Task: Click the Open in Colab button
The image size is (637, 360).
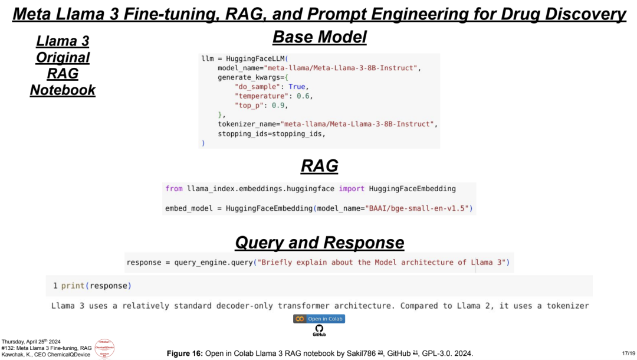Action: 319,319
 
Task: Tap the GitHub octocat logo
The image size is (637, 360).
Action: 319,328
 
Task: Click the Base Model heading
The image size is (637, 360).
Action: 319,37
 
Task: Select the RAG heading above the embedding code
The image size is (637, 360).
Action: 319,166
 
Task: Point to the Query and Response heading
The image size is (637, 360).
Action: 319,243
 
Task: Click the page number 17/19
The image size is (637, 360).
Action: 628,352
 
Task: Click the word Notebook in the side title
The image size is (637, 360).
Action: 63,90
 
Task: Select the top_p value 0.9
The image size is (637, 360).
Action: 280,106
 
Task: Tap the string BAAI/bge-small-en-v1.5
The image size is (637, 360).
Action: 419,208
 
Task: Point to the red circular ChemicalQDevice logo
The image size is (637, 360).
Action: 104,348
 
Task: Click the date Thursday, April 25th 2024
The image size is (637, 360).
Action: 31,342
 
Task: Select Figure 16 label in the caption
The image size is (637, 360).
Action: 185,353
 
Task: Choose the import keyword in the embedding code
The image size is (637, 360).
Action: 352,189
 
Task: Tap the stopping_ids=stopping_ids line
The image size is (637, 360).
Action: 271,134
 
